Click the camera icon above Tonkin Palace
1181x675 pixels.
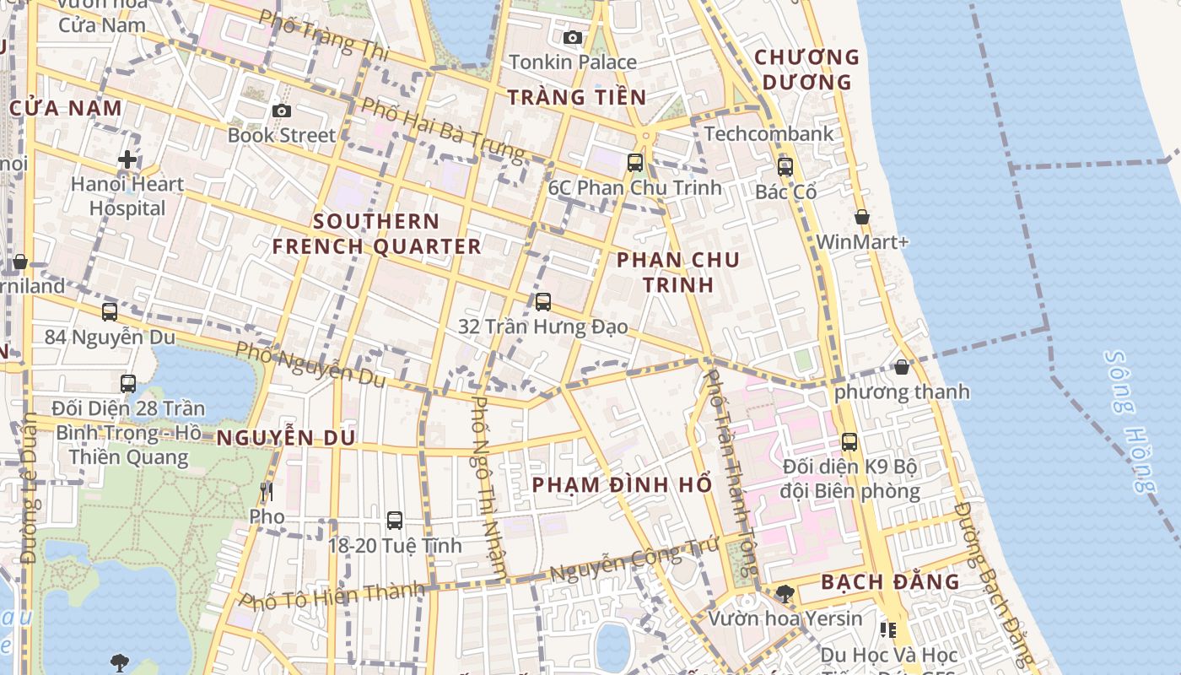click(x=573, y=37)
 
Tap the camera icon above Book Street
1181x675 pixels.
click(x=282, y=111)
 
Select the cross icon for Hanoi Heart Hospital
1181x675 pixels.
click(x=127, y=159)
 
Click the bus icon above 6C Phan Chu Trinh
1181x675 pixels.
click(x=635, y=163)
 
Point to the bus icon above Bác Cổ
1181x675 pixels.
click(x=785, y=166)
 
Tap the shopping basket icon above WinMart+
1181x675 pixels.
click(x=862, y=217)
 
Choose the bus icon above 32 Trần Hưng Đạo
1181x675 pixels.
click(x=543, y=301)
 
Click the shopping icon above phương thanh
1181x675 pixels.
click(x=902, y=367)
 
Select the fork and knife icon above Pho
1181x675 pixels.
click(x=267, y=491)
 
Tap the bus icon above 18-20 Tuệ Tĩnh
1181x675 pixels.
click(x=395, y=521)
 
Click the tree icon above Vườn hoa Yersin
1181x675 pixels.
click(x=785, y=593)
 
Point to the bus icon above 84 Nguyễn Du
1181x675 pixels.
click(x=110, y=312)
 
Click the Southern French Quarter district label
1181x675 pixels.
click(x=376, y=234)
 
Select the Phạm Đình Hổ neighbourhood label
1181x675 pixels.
click(x=623, y=485)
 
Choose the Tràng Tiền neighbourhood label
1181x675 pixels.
click(x=577, y=97)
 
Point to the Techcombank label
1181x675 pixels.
click(x=768, y=133)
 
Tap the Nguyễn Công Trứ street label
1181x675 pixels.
click(x=634, y=561)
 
